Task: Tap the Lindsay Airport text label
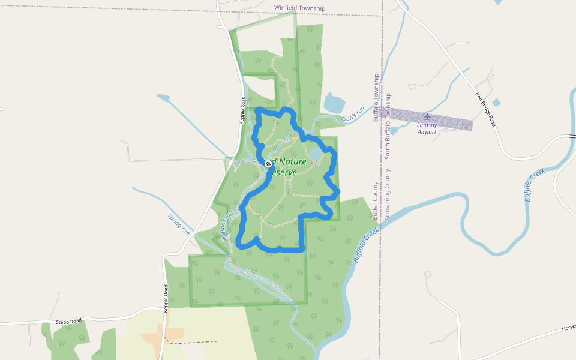coord(427,128)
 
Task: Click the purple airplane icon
coord(427,116)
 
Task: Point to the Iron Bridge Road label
coord(486,109)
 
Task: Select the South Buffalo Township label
coord(388,125)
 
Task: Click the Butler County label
coord(375,199)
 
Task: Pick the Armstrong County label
coord(387,194)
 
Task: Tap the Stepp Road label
coord(68,322)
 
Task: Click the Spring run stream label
coord(179,224)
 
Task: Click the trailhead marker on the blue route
coord(268,163)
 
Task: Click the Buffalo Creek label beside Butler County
coord(366,245)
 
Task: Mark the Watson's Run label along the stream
coord(226,225)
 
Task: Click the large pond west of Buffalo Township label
coord(334,103)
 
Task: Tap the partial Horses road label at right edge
coord(568,328)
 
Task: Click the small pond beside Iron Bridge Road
coord(496,103)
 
